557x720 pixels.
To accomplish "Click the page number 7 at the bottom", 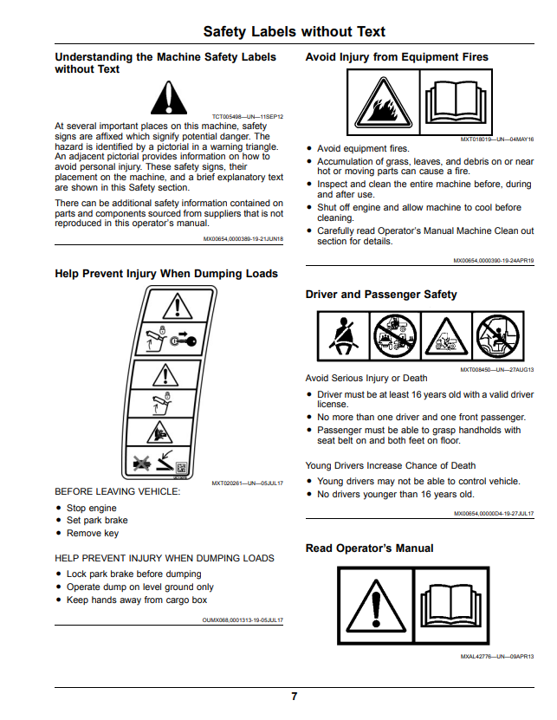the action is click(x=295, y=697).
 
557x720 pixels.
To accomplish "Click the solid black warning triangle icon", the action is click(x=169, y=98).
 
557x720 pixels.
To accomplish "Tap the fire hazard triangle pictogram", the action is click(x=384, y=103).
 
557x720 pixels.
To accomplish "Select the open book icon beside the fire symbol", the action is click(x=456, y=103).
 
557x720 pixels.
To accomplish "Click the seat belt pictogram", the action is click(x=344, y=335).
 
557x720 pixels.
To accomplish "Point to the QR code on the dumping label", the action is click(x=181, y=469).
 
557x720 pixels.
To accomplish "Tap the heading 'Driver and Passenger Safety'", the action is click(x=381, y=295).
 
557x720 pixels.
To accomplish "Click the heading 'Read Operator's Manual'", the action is click(x=370, y=548).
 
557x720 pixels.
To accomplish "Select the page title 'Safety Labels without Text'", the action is click(x=295, y=32).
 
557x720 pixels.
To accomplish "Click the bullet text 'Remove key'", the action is click(x=93, y=533).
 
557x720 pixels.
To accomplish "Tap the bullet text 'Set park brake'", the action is click(x=97, y=520).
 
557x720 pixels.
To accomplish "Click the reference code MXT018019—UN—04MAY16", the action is click(x=497, y=139).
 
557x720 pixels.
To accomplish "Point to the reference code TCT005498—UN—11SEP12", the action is click(x=248, y=117).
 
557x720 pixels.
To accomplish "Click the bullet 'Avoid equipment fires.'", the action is click(x=363, y=149).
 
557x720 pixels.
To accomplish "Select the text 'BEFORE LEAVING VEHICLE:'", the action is click(x=118, y=492).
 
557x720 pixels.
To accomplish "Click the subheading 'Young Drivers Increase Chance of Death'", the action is click(x=391, y=465).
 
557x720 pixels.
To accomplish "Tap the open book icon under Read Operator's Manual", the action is click(x=451, y=606).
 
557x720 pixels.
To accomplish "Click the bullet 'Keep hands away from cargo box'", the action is click(x=137, y=600).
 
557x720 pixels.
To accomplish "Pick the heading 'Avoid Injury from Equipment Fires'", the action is click(x=398, y=57).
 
